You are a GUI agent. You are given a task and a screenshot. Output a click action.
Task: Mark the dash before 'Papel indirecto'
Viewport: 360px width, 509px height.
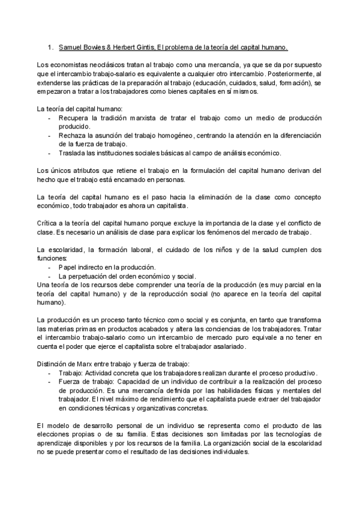coord(49,267)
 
